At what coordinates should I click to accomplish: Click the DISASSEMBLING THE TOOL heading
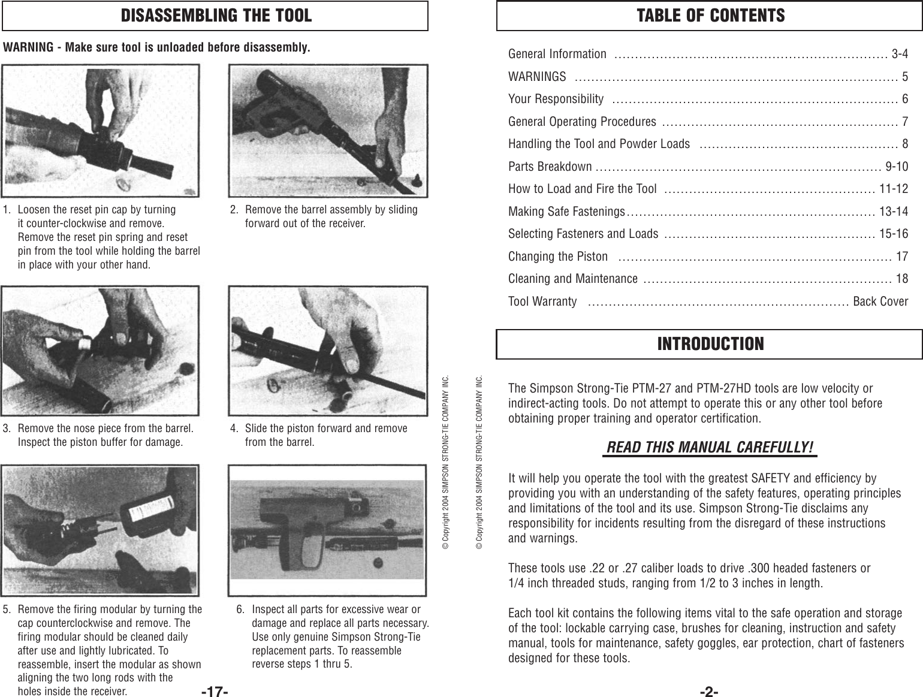pyautogui.click(x=216, y=16)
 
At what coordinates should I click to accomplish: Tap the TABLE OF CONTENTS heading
pyautogui.click(x=710, y=16)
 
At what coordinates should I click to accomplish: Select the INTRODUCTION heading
pyautogui.click(x=710, y=344)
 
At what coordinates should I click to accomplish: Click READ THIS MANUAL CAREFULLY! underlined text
pyautogui.click(x=710, y=448)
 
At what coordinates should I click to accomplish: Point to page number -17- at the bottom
pyautogui.click(x=215, y=692)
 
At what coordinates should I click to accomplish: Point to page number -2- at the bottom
pyautogui.click(x=709, y=692)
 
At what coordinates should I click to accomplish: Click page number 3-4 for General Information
pyautogui.click(x=899, y=54)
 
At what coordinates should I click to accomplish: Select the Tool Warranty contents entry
pyautogui.click(x=542, y=301)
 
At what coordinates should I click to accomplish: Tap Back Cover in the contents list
pyautogui.click(x=880, y=301)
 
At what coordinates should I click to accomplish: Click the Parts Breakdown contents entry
pyautogui.click(x=550, y=166)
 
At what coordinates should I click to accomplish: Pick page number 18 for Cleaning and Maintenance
pyautogui.click(x=901, y=279)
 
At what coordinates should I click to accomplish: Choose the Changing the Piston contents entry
pyautogui.click(x=557, y=257)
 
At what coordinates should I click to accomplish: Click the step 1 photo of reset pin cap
pyautogui.click(x=101, y=131)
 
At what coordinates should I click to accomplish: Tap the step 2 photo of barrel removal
pyautogui.click(x=328, y=131)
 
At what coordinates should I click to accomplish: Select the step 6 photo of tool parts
pyautogui.click(x=328, y=530)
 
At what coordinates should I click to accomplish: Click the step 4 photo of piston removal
pyautogui.click(x=328, y=351)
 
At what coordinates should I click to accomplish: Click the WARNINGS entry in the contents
pyautogui.click(x=536, y=77)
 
